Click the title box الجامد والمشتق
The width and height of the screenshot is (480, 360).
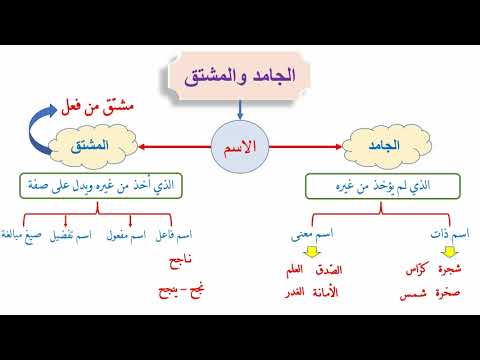point(239,76)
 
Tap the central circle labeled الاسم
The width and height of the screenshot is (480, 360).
point(240,147)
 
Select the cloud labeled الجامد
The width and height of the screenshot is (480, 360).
point(387,146)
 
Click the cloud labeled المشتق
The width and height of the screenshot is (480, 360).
point(93,146)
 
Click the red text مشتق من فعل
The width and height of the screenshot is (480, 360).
point(97,107)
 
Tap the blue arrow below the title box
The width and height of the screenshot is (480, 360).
point(240,110)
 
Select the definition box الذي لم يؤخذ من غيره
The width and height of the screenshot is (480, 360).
point(383,186)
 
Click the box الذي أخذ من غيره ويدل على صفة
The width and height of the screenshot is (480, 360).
point(101,186)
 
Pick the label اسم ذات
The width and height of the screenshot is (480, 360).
point(450,234)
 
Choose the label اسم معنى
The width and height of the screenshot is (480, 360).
point(312,234)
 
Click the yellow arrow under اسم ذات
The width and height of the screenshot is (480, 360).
point(450,252)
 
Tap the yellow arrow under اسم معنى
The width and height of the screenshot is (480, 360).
point(312,252)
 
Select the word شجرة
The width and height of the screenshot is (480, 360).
point(450,269)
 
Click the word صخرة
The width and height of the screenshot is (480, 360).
point(448,293)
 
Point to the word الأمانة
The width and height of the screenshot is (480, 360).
point(325,292)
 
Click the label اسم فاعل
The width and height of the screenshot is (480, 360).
point(173,235)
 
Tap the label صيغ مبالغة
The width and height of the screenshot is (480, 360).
point(21,235)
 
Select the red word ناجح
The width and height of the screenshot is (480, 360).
point(180,261)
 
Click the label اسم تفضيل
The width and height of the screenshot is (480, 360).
point(70,235)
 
